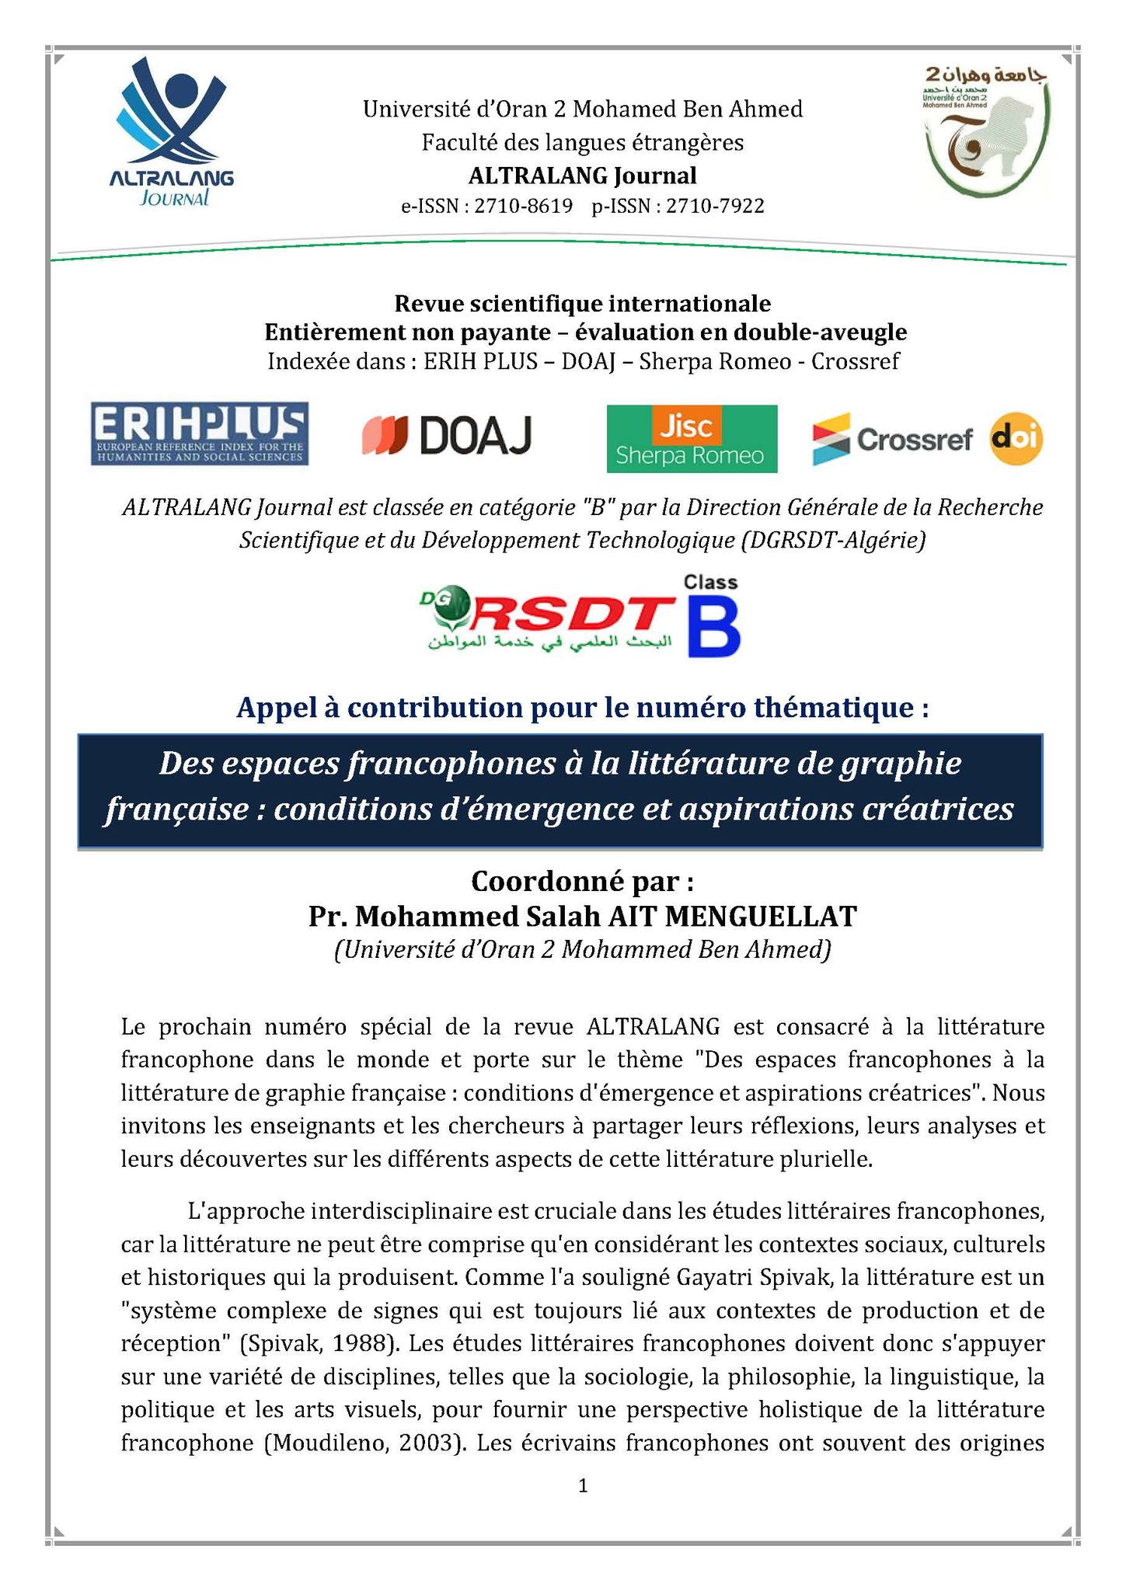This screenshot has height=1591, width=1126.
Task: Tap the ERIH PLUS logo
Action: [x=200, y=433]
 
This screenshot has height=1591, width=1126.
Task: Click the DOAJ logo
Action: [x=447, y=436]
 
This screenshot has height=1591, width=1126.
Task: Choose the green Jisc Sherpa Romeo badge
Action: [x=691, y=438]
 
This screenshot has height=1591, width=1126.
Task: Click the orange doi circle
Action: [x=1016, y=440]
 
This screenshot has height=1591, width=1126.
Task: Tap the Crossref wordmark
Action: [x=914, y=440]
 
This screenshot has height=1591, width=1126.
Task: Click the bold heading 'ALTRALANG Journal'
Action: [x=582, y=176]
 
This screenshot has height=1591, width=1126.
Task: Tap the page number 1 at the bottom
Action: [x=583, y=1486]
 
